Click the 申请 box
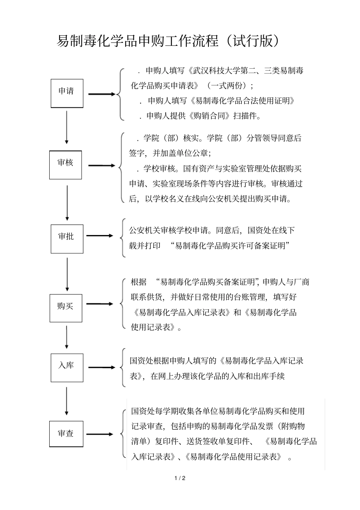(67, 93)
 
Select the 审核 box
(66, 165)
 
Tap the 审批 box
(67, 239)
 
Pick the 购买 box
(66, 308)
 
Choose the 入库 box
(67, 367)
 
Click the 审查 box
(66, 433)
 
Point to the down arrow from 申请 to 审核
(67, 127)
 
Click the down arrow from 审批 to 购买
(67, 274)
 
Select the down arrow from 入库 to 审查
(67, 401)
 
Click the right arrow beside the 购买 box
(100, 304)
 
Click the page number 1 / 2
(180, 478)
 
